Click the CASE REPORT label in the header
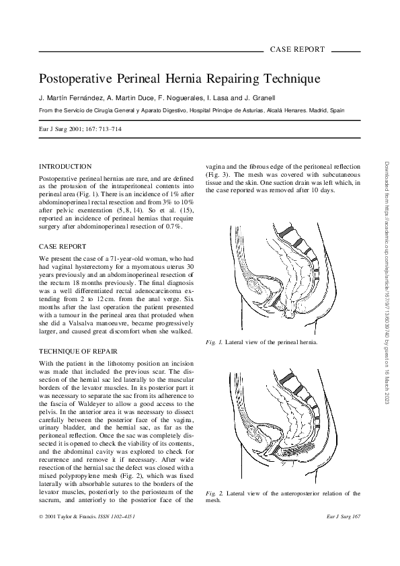[296, 50]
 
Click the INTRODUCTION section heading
[65, 166]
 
